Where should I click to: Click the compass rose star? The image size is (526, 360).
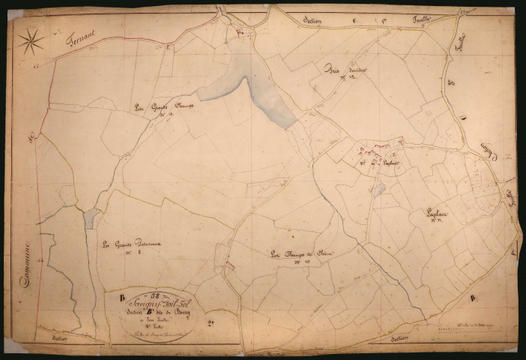click(x=31, y=40)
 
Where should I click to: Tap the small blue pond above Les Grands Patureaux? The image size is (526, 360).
click(x=91, y=218)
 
